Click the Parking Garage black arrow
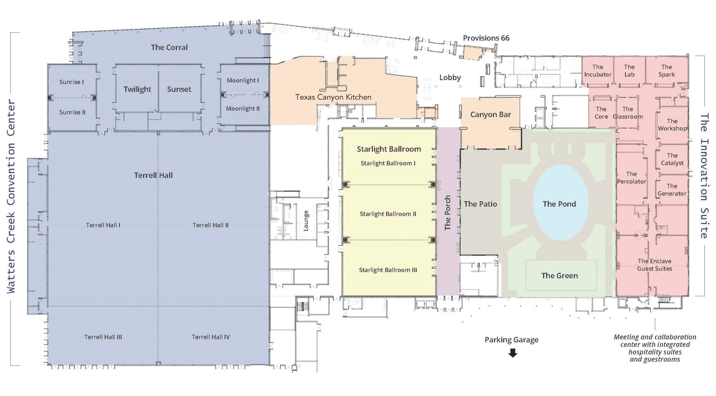[513, 353]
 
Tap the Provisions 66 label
[486, 38]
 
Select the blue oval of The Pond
[560, 203]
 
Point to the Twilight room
[137, 89]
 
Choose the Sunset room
[179, 89]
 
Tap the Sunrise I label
[72, 82]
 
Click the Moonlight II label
[243, 109]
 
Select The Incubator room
[598, 71]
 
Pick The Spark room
[666, 71]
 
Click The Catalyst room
[672, 159]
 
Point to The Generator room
[672, 190]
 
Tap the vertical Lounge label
[306, 221]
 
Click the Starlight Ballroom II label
[388, 214]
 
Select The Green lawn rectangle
[560, 276]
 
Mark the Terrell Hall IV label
[211, 337]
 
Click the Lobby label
[450, 78]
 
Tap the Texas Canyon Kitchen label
[333, 97]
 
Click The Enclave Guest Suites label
[654, 265]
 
